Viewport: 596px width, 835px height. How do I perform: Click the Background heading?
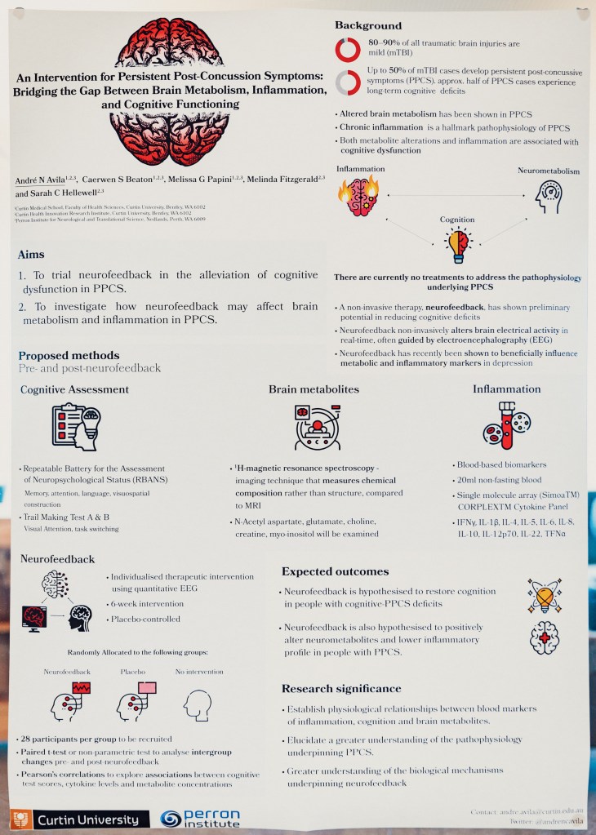(x=368, y=25)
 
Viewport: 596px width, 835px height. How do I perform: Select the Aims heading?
(x=31, y=255)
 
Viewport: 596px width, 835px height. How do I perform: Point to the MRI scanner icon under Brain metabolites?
(x=314, y=427)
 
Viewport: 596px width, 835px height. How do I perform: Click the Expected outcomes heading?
(x=336, y=571)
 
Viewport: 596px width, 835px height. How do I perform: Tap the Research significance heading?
(x=341, y=688)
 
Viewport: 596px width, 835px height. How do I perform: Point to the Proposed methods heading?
(x=69, y=356)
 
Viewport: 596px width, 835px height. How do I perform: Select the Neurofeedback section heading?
(x=57, y=559)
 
